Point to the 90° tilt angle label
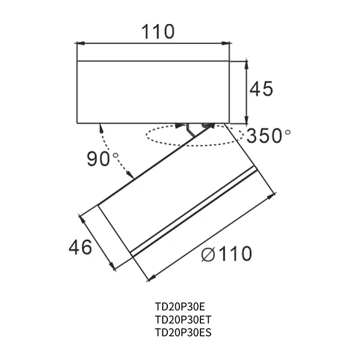tap(103, 160)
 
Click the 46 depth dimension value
tap(80, 247)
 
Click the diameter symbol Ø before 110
tap(208, 255)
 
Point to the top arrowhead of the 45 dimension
tap(247, 64)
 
